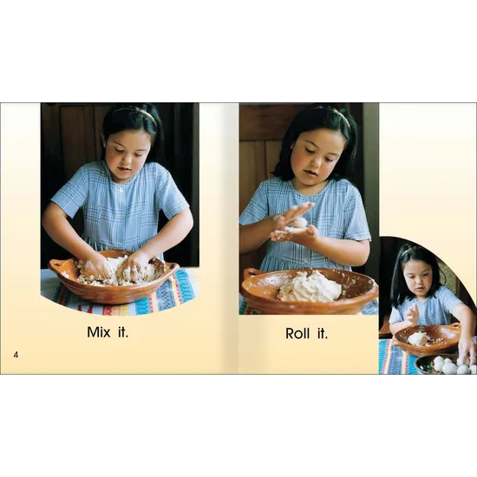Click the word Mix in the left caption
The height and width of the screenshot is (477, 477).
click(100, 332)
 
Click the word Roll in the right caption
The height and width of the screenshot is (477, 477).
click(298, 333)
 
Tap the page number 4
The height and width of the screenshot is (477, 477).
click(16, 354)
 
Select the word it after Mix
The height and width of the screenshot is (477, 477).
click(123, 332)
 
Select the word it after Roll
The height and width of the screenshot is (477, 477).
click(322, 333)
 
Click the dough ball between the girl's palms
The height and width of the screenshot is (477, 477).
click(297, 224)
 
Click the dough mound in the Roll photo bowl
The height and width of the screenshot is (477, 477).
click(310, 287)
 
